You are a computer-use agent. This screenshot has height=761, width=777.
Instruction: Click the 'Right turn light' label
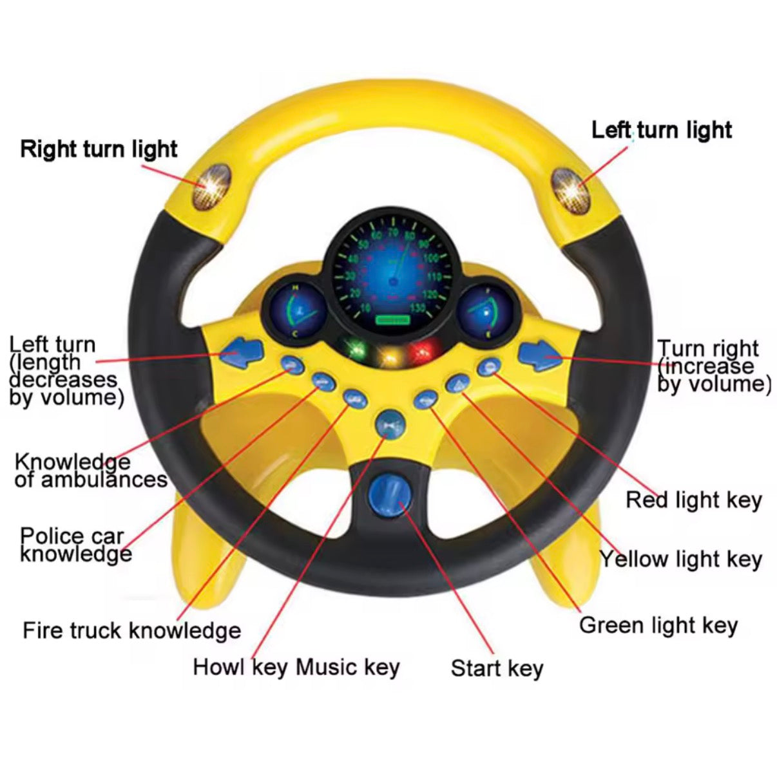click(x=99, y=149)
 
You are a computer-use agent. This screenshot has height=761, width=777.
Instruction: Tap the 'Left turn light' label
click(x=661, y=130)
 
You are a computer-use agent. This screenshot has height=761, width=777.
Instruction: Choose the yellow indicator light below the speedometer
click(x=388, y=356)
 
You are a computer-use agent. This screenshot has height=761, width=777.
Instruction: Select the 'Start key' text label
click(x=496, y=668)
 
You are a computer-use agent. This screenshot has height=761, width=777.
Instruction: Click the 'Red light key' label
click(x=693, y=500)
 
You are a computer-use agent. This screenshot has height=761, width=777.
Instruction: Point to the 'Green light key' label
click(x=658, y=625)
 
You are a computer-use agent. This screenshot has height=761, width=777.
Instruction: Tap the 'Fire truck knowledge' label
click(x=131, y=630)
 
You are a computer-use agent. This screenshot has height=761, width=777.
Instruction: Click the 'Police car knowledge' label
click(x=75, y=545)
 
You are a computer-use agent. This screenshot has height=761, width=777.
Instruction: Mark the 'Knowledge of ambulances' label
click(x=90, y=471)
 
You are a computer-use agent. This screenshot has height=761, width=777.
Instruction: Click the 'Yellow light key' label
click(x=681, y=559)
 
